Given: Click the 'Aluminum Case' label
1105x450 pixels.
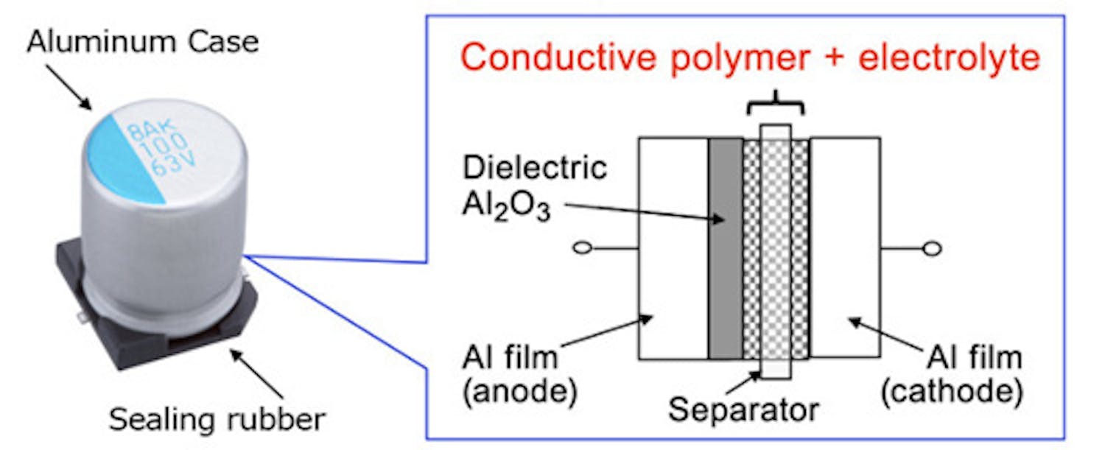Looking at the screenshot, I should click(143, 42).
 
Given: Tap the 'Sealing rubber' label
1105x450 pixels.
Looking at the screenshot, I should click(217, 419).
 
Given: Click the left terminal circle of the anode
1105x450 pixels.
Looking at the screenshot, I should click(582, 249).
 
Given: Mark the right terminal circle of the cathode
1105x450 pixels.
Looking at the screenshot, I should click(932, 249).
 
